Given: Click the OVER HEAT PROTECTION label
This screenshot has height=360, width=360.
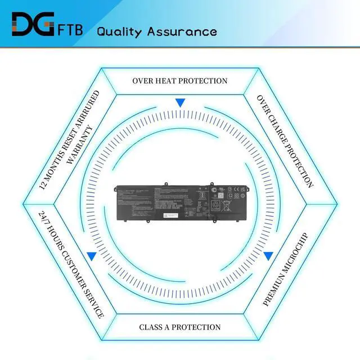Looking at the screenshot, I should coord(180,80).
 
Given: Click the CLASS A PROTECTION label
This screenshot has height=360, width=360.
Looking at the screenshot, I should coord(180,327).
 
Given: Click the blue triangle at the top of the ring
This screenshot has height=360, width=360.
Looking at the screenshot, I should coord(180,103).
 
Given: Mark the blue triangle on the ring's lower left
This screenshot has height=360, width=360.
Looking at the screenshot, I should coord(91,256).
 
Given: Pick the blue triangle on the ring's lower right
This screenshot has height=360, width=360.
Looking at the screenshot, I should coord(268,256).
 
